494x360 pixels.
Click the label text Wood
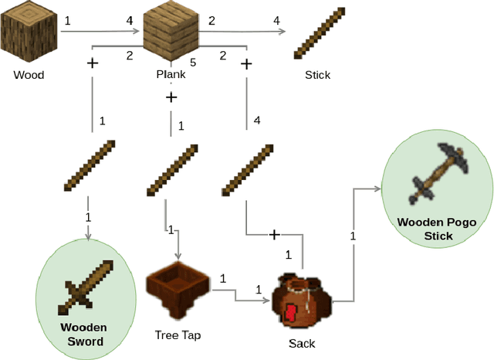tap(29, 75)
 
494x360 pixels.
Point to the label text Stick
tap(317, 75)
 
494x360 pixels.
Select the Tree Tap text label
tap(179, 335)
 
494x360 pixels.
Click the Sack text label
tap(301, 342)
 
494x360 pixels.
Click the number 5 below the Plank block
tap(193, 62)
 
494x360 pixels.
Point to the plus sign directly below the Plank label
tap(171, 97)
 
